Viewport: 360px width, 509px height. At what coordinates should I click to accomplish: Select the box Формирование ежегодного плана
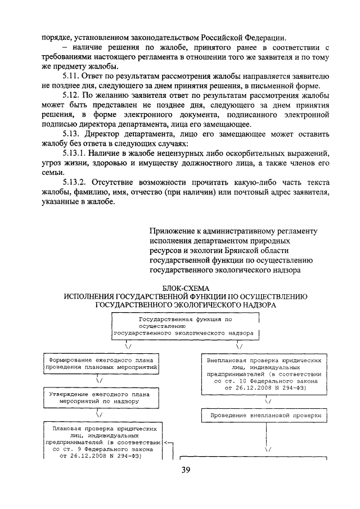(101, 363)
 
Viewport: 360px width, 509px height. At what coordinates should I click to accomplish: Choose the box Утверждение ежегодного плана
(101, 398)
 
